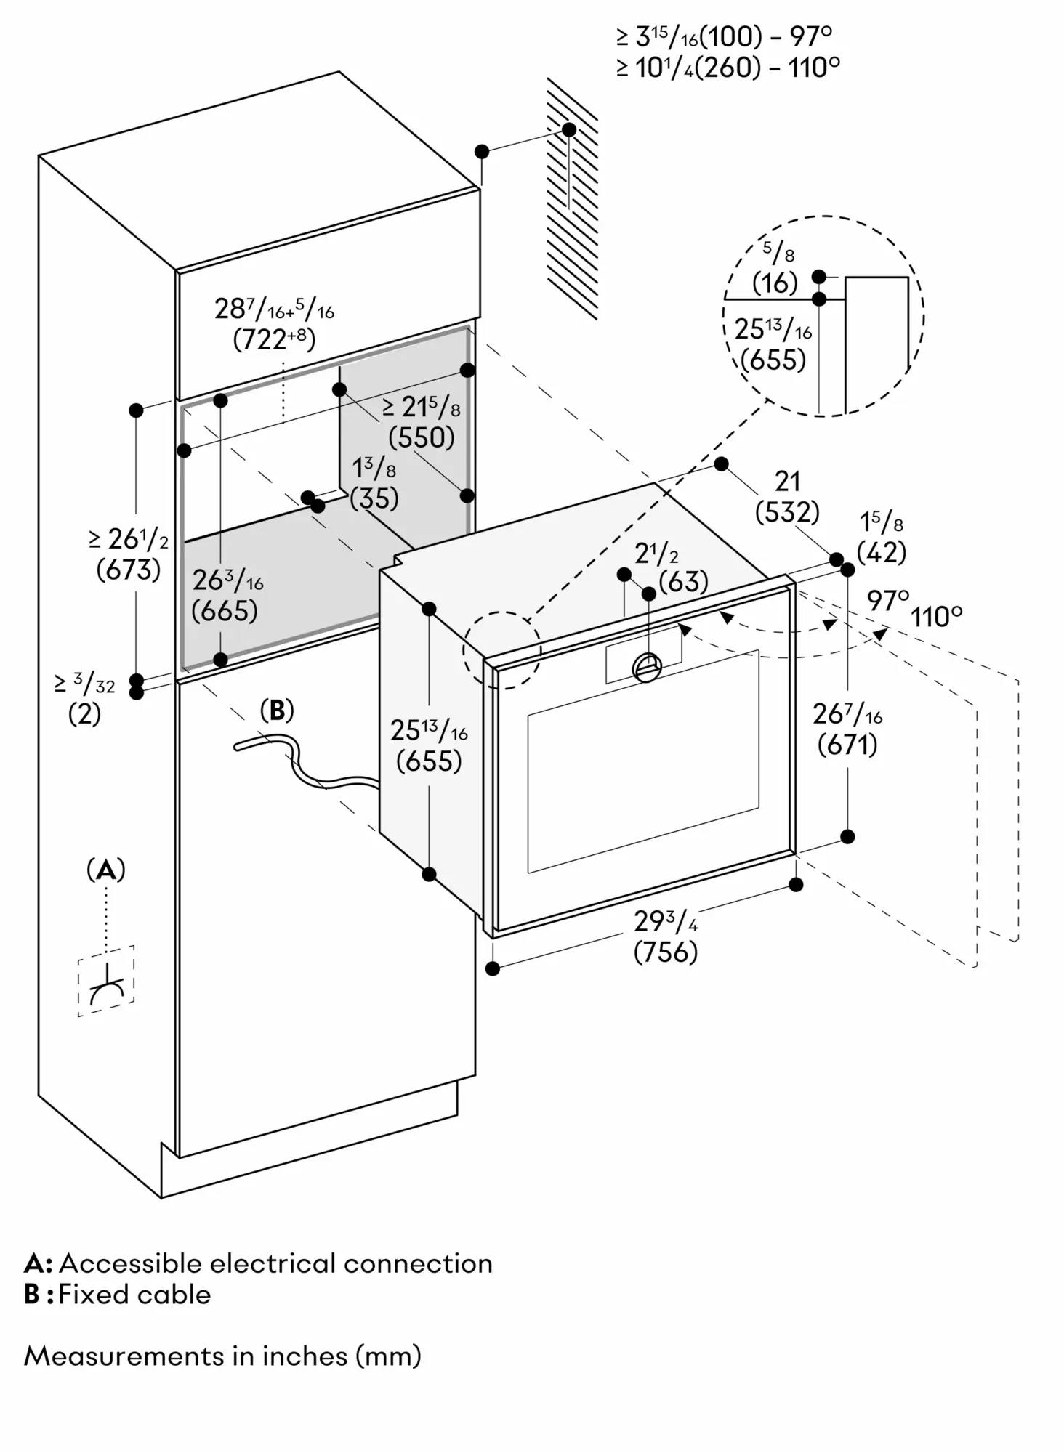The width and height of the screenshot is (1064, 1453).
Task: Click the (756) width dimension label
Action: (x=665, y=952)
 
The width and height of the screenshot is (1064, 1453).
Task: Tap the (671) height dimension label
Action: (x=847, y=745)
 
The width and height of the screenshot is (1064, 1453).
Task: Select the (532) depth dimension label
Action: (x=787, y=513)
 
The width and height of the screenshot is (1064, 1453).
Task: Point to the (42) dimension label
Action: (x=882, y=553)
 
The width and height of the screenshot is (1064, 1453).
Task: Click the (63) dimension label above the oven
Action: (x=683, y=582)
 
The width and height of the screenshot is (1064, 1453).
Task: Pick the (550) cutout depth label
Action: (x=422, y=437)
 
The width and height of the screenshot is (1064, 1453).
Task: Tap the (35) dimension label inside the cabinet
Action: (x=374, y=498)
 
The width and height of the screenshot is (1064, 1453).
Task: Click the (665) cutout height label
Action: (x=225, y=611)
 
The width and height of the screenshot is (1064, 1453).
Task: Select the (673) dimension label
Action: (x=129, y=570)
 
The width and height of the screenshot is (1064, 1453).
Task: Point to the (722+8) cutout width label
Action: (x=275, y=339)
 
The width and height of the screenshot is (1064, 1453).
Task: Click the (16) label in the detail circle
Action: (x=775, y=283)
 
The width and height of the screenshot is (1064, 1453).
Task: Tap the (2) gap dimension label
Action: (x=84, y=715)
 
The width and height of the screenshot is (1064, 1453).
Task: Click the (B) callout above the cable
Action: (x=277, y=710)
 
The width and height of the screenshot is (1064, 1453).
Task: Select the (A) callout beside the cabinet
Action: (x=106, y=870)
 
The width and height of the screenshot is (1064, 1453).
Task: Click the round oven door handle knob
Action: (x=647, y=667)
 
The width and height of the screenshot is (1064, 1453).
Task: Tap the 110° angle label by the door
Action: (x=937, y=618)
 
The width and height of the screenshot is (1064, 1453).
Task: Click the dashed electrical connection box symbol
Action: (x=106, y=981)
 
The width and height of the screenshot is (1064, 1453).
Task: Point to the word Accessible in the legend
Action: (x=131, y=1264)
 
